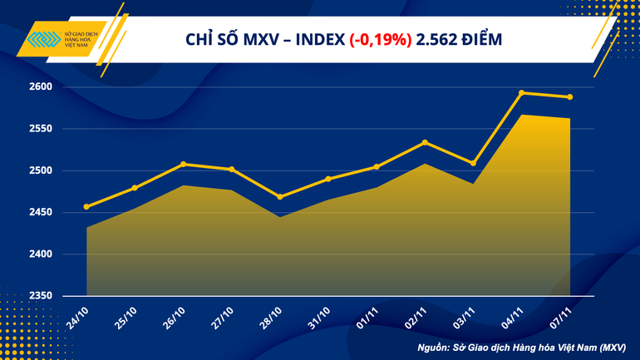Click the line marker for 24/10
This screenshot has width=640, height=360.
tap(87, 206)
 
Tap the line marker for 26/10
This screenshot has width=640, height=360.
tap(183, 164)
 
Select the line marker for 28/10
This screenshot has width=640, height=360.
tap(279, 197)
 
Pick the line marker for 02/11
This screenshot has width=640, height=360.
tap(425, 142)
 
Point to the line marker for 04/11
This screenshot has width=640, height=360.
tap(521, 92)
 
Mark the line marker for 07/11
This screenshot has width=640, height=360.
tap(570, 97)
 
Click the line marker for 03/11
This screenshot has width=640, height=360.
tap(473, 163)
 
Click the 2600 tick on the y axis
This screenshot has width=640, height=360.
tap(41, 87)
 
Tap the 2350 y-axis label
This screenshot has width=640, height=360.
tap(41, 296)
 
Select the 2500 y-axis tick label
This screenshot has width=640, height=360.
tap(41, 170)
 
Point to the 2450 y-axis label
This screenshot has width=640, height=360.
tap(41, 213)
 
